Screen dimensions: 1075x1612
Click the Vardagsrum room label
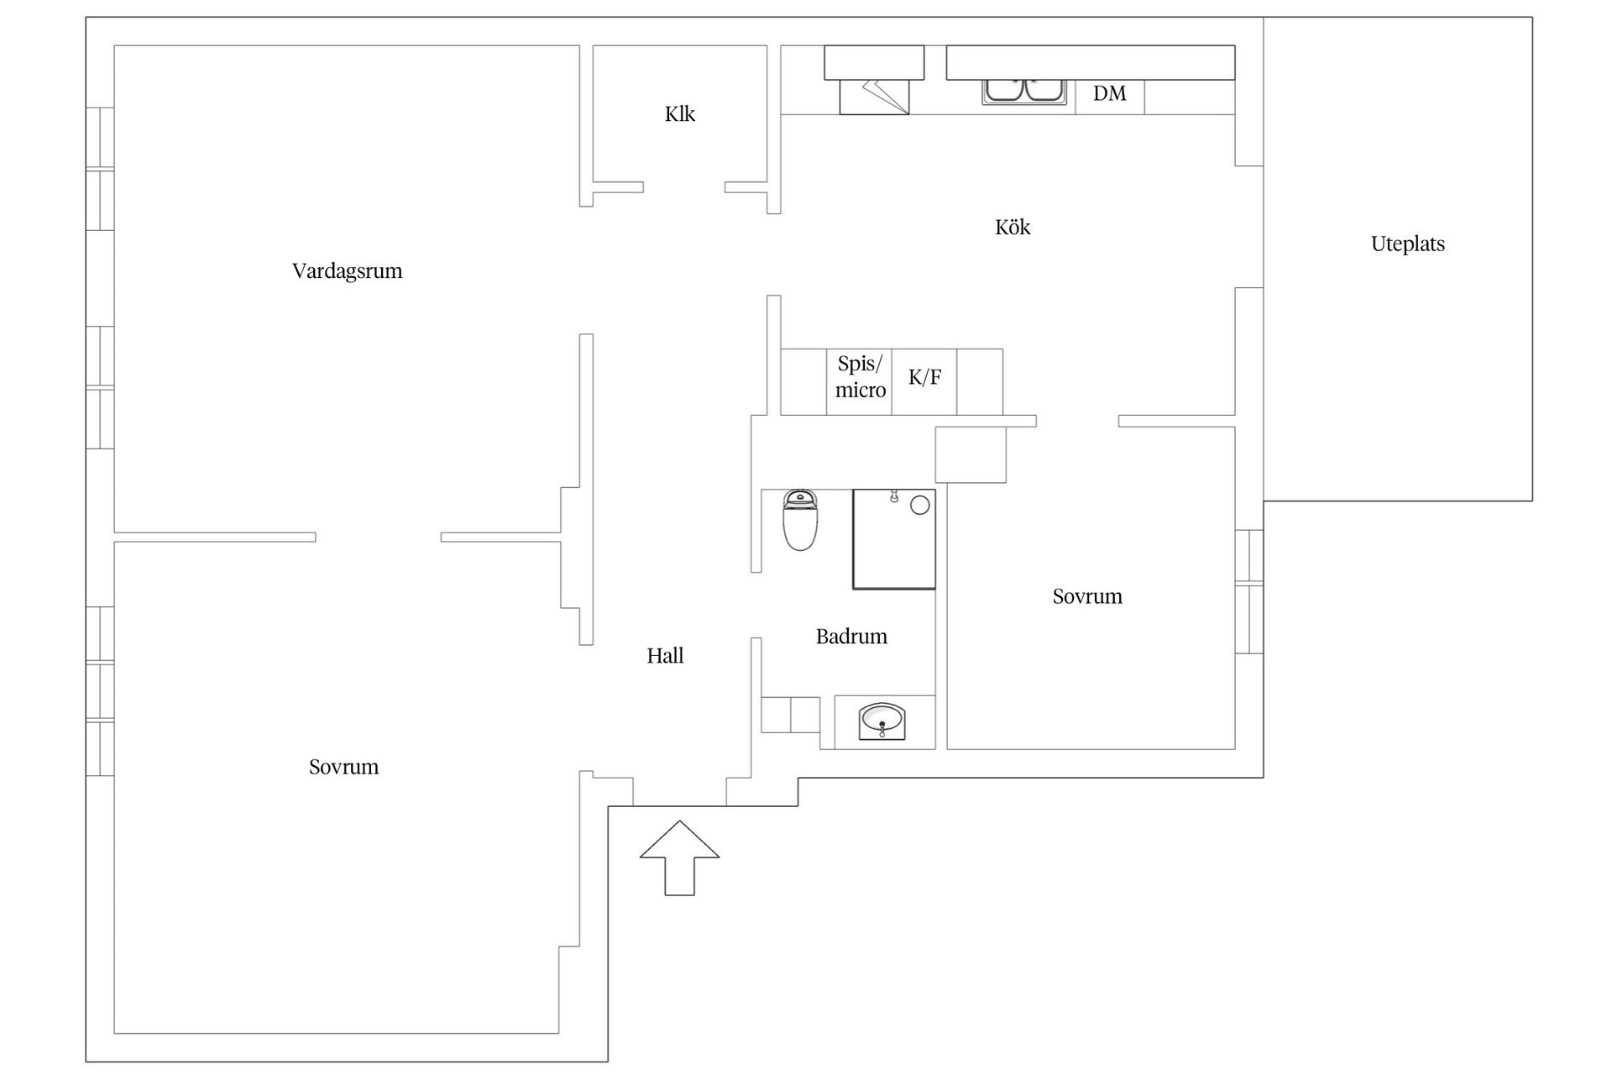point(347,270)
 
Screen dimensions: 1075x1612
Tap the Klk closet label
point(679,113)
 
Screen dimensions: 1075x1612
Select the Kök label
point(1012,227)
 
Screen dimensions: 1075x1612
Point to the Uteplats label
point(1407,244)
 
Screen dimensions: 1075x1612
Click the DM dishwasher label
point(1109,93)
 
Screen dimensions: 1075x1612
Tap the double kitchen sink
point(1023,91)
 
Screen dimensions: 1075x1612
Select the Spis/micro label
point(860,377)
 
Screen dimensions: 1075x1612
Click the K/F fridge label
point(924,377)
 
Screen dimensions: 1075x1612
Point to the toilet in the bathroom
point(800,521)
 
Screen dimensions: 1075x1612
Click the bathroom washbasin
point(882,721)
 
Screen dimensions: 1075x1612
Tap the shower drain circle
point(920,505)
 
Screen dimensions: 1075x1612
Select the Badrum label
point(851,636)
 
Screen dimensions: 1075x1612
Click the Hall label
point(665,655)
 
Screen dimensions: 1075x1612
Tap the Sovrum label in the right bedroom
point(1087,596)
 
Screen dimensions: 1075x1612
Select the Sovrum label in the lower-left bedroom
point(343,767)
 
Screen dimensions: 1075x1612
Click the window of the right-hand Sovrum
point(1249,591)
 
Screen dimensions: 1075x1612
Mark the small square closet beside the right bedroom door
point(971,454)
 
